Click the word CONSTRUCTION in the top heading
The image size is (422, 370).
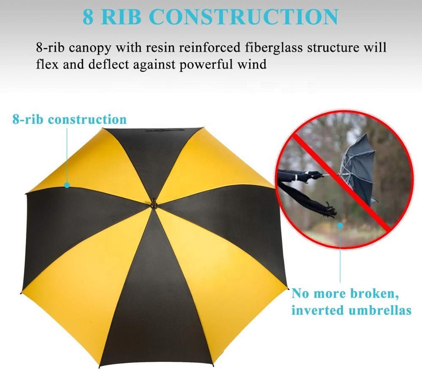tap(243, 17)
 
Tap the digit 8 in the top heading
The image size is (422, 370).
tap(88, 17)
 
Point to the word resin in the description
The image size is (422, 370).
tap(162, 48)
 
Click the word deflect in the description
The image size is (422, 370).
tap(108, 65)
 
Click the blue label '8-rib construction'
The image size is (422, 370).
tap(70, 119)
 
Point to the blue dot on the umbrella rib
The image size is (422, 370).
tap(67, 185)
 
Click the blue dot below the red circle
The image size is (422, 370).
tap(341, 225)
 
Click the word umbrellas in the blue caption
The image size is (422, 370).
tap(380, 310)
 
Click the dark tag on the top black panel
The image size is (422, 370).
tap(165, 131)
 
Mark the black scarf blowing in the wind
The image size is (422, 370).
tap(307, 199)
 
